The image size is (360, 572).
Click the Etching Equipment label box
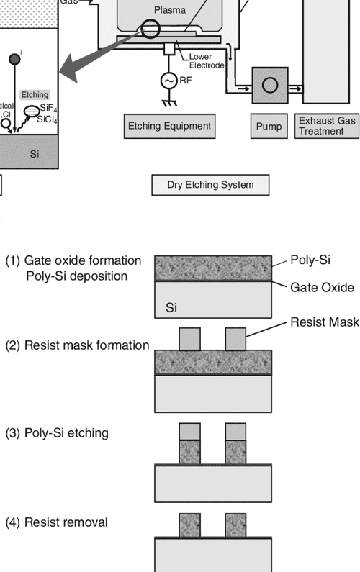coord(169,126)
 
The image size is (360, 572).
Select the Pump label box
coord(269,127)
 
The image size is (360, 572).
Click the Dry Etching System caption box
coord(210,185)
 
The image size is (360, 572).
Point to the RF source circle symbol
coord(168,81)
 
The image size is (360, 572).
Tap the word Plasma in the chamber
coord(170,11)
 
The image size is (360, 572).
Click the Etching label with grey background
coord(35,94)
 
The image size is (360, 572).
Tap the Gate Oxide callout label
coord(322,287)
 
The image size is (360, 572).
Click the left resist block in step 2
coord(189,338)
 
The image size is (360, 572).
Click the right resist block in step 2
coord(235,338)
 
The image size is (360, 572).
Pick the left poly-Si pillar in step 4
coord(189,524)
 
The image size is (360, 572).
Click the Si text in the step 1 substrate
coord(171,309)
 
